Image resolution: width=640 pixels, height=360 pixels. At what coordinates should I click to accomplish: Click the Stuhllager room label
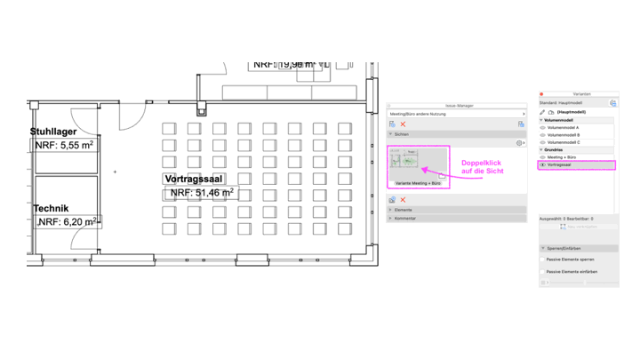pos(59,132)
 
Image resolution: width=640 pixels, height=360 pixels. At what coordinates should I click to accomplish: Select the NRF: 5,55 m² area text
pos(65,145)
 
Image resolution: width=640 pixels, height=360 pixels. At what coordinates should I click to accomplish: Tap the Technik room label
pos(51,208)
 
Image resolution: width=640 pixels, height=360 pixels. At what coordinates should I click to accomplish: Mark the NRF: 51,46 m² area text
pos(202,192)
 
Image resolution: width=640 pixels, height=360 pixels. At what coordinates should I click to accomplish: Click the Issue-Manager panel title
pos(457,105)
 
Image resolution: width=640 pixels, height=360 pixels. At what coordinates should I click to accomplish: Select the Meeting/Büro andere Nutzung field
pos(453,114)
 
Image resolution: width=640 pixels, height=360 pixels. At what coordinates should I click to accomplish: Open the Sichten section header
pos(402,133)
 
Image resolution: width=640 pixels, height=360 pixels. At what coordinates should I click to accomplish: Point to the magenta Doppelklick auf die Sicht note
pos(483,166)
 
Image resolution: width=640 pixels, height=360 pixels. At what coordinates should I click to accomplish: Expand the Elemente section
pos(404,210)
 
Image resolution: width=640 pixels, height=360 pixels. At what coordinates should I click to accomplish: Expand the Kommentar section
pos(406,218)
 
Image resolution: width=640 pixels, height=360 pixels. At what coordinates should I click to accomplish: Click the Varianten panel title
pos(581,92)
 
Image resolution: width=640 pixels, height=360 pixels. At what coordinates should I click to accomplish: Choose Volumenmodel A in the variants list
pos(565,127)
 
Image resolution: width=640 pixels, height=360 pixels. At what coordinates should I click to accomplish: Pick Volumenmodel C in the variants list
pos(565,142)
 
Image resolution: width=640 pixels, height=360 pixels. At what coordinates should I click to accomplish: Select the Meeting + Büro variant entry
pos(562,157)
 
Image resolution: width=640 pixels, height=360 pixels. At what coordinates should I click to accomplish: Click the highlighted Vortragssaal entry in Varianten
pos(563,165)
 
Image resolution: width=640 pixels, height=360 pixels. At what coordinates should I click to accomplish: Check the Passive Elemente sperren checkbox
pos(543,260)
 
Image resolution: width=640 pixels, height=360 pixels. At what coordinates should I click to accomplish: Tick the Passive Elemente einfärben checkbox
pos(543,271)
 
